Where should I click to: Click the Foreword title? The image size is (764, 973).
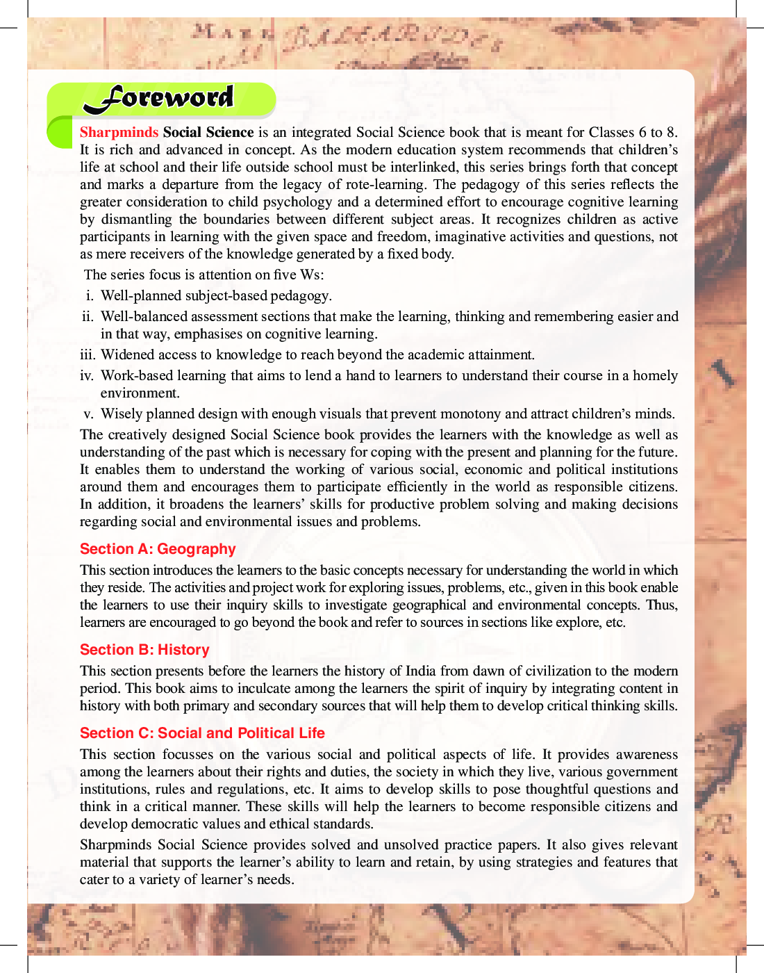tap(159, 98)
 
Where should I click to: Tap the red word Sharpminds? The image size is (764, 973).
tap(119, 132)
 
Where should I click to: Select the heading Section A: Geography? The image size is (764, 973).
tap(158, 549)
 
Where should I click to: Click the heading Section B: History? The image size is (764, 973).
tap(144, 650)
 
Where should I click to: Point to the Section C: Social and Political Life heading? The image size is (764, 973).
tap(202, 733)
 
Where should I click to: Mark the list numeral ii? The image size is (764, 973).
tap(88, 316)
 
